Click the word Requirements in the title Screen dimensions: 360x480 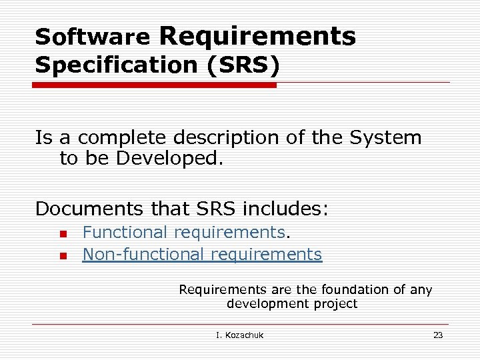click(x=257, y=35)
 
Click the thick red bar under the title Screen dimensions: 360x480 click(x=155, y=85)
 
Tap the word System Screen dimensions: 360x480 click(x=386, y=138)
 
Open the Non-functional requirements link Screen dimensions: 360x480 click(x=202, y=255)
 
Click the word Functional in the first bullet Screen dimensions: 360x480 click(x=125, y=233)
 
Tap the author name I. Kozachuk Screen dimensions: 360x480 click(x=239, y=335)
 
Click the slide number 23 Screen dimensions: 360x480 click(x=437, y=335)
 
